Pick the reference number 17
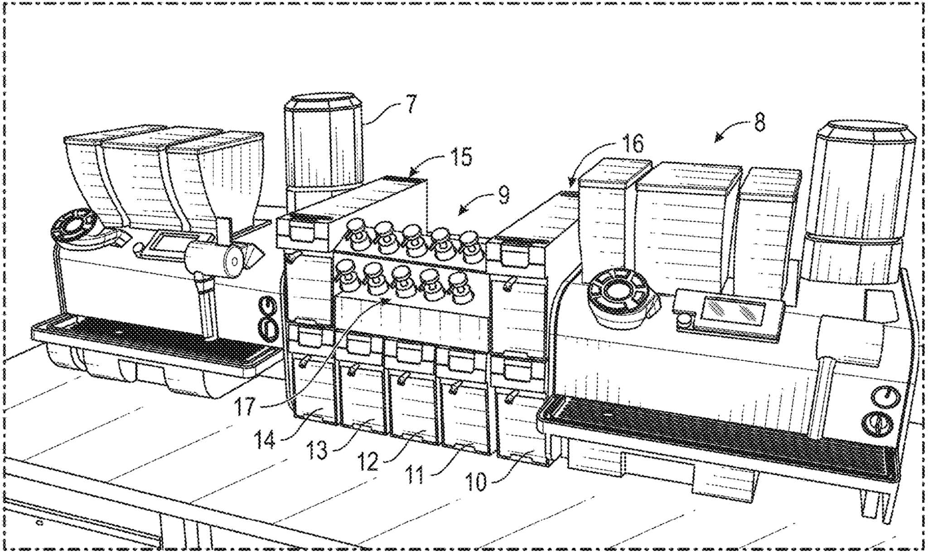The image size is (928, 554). (246, 403)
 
